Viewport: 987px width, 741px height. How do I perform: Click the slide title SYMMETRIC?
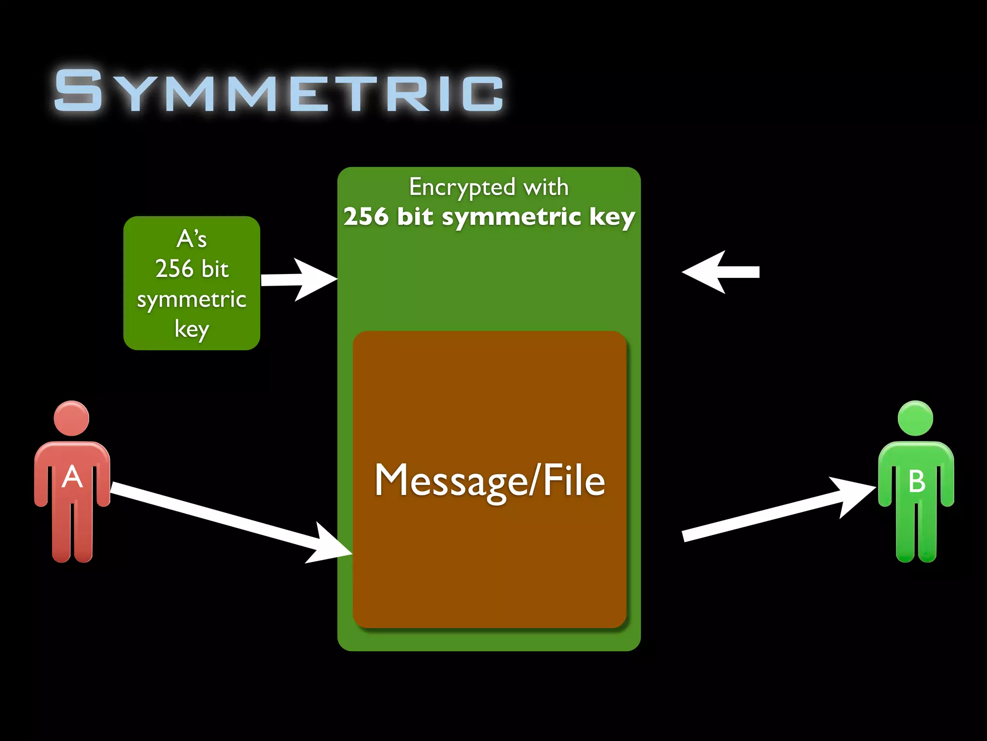tap(279, 90)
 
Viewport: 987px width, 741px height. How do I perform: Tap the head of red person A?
tap(71, 418)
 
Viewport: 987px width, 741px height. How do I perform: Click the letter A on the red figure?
tap(72, 477)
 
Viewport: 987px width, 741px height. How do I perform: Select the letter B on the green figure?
tap(917, 481)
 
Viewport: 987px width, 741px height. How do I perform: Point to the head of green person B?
tap(915, 418)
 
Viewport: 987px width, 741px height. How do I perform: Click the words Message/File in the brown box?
tap(490, 480)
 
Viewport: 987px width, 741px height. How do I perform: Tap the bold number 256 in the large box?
tap(366, 216)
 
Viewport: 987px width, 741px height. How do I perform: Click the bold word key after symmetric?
tap(612, 217)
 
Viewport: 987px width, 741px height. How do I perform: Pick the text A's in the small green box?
tap(191, 239)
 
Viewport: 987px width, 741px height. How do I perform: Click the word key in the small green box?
tap(191, 329)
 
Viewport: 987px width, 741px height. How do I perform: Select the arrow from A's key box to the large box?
tap(299, 279)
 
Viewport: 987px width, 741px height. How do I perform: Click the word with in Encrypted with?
tap(546, 187)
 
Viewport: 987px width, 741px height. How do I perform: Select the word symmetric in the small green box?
tap(191, 300)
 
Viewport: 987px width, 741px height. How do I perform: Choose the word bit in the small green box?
tap(215, 269)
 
